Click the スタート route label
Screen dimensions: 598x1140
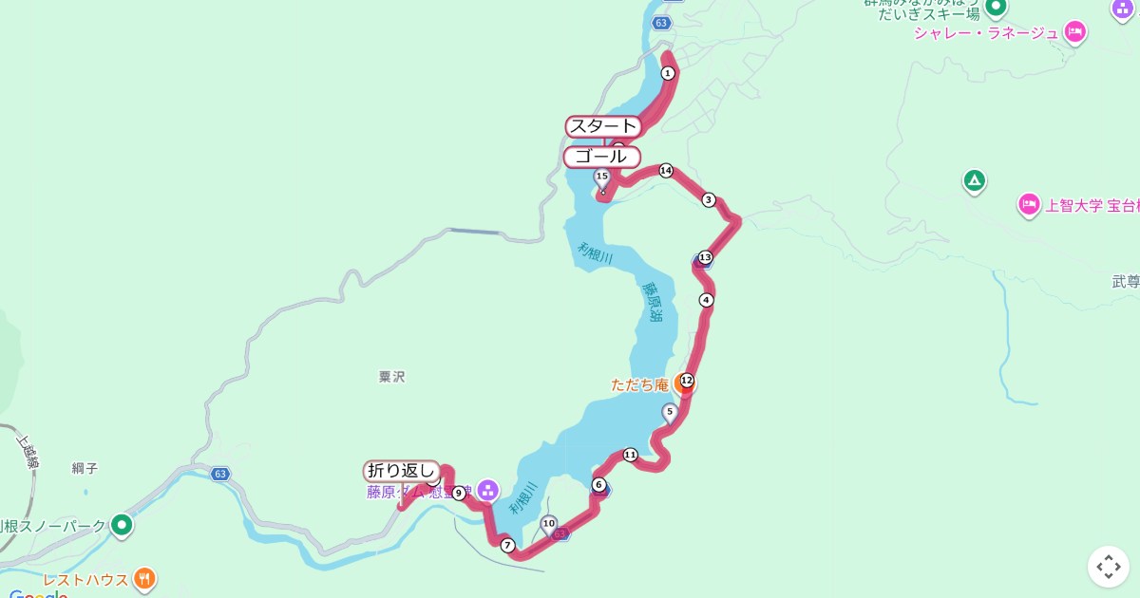[602, 126]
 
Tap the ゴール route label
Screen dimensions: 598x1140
[601, 157]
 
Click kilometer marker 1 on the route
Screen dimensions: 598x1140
[668, 73]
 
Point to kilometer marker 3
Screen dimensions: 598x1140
[708, 199]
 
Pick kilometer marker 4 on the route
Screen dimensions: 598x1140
[705, 300]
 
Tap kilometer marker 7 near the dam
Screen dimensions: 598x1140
[507, 545]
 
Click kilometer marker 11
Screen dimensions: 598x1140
[630, 455]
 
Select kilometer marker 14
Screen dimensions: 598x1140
[665, 171]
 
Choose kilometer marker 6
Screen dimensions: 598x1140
[598, 485]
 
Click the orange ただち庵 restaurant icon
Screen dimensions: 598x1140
[681, 385]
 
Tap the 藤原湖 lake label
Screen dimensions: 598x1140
[654, 303]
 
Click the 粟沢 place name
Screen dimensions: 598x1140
[391, 377]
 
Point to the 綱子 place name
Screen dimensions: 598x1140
[85, 468]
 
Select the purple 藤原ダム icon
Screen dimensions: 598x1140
[487, 491]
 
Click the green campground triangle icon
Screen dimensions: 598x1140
[974, 180]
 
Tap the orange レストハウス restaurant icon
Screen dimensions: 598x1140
[144, 578]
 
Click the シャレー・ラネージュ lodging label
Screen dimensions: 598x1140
[985, 33]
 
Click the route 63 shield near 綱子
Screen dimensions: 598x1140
[220, 474]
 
